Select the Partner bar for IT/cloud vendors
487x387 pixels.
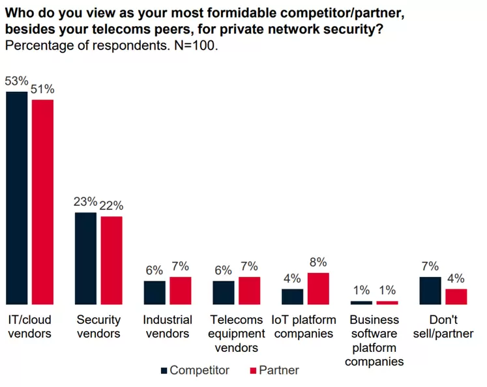click(x=43, y=202)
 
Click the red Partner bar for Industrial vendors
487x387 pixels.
click(x=180, y=291)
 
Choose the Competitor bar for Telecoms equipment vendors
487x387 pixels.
click(x=223, y=293)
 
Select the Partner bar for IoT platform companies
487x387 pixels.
click(x=318, y=289)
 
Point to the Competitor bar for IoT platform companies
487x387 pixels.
click(x=292, y=296)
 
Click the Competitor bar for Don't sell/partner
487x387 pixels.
click(x=430, y=291)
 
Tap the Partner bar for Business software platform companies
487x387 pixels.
click(x=387, y=303)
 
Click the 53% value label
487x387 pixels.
click(x=17, y=81)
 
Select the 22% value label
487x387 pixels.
click(x=111, y=206)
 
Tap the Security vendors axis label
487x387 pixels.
click(x=98, y=326)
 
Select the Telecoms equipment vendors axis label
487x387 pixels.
click(x=237, y=334)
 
